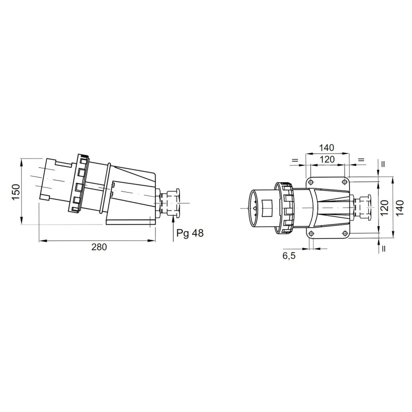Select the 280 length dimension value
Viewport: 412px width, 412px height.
[99, 248]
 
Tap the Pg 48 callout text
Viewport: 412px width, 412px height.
[190, 233]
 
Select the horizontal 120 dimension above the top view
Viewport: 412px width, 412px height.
[327, 160]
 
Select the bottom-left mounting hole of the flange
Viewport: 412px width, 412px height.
[311, 234]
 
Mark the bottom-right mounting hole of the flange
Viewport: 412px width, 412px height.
[344, 234]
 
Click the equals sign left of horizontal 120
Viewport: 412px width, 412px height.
[295, 161]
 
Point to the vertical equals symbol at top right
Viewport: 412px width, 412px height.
[384, 165]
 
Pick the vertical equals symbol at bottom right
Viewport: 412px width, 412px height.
[384, 249]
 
